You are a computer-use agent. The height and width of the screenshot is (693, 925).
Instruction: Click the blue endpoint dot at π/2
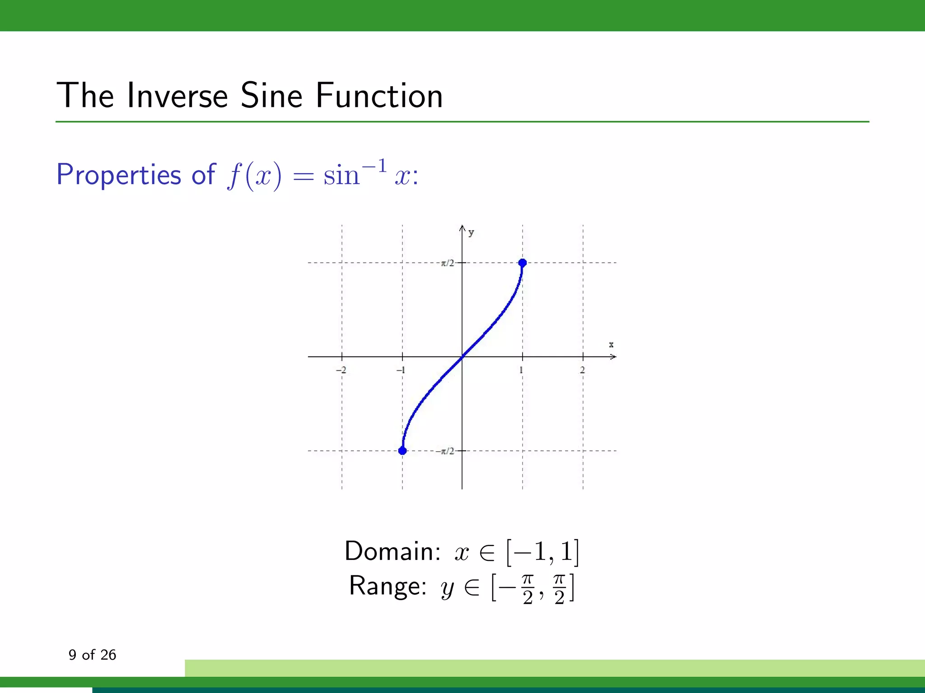[523, 263]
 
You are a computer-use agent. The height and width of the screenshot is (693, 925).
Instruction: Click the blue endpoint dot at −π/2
[402, 450]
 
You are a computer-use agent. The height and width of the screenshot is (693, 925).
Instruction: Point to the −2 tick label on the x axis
[341, 370]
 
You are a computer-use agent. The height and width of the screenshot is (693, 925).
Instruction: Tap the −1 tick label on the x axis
[401, 370]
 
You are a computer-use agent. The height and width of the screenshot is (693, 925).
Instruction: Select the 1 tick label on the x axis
[521, 370]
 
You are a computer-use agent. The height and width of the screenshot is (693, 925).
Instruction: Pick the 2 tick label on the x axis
[582, 370]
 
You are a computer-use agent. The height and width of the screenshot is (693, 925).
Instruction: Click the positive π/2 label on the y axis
[447, 263]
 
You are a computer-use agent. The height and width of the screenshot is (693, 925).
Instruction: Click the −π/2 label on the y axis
[445, 451]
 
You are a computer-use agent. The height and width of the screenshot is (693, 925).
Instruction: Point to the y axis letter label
[471, 232]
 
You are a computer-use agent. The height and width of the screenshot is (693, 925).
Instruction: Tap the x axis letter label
[611, 345]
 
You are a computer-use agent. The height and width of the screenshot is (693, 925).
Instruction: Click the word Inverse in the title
[178, 96]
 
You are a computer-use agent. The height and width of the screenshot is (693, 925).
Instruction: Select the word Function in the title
[379, 96]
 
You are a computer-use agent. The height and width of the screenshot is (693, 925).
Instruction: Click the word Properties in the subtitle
[118, 175]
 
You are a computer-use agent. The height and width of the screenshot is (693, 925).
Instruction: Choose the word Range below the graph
[388, 586]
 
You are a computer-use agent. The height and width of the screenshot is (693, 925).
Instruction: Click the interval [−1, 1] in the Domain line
[542, 552]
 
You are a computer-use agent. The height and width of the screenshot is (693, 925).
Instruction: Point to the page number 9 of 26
[92, 655]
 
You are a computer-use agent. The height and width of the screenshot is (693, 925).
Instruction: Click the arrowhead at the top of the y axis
[462, 228]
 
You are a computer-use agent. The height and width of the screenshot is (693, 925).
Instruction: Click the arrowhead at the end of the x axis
[613, 356]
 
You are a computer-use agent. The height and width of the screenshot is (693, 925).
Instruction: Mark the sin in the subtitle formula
[341, 176]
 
